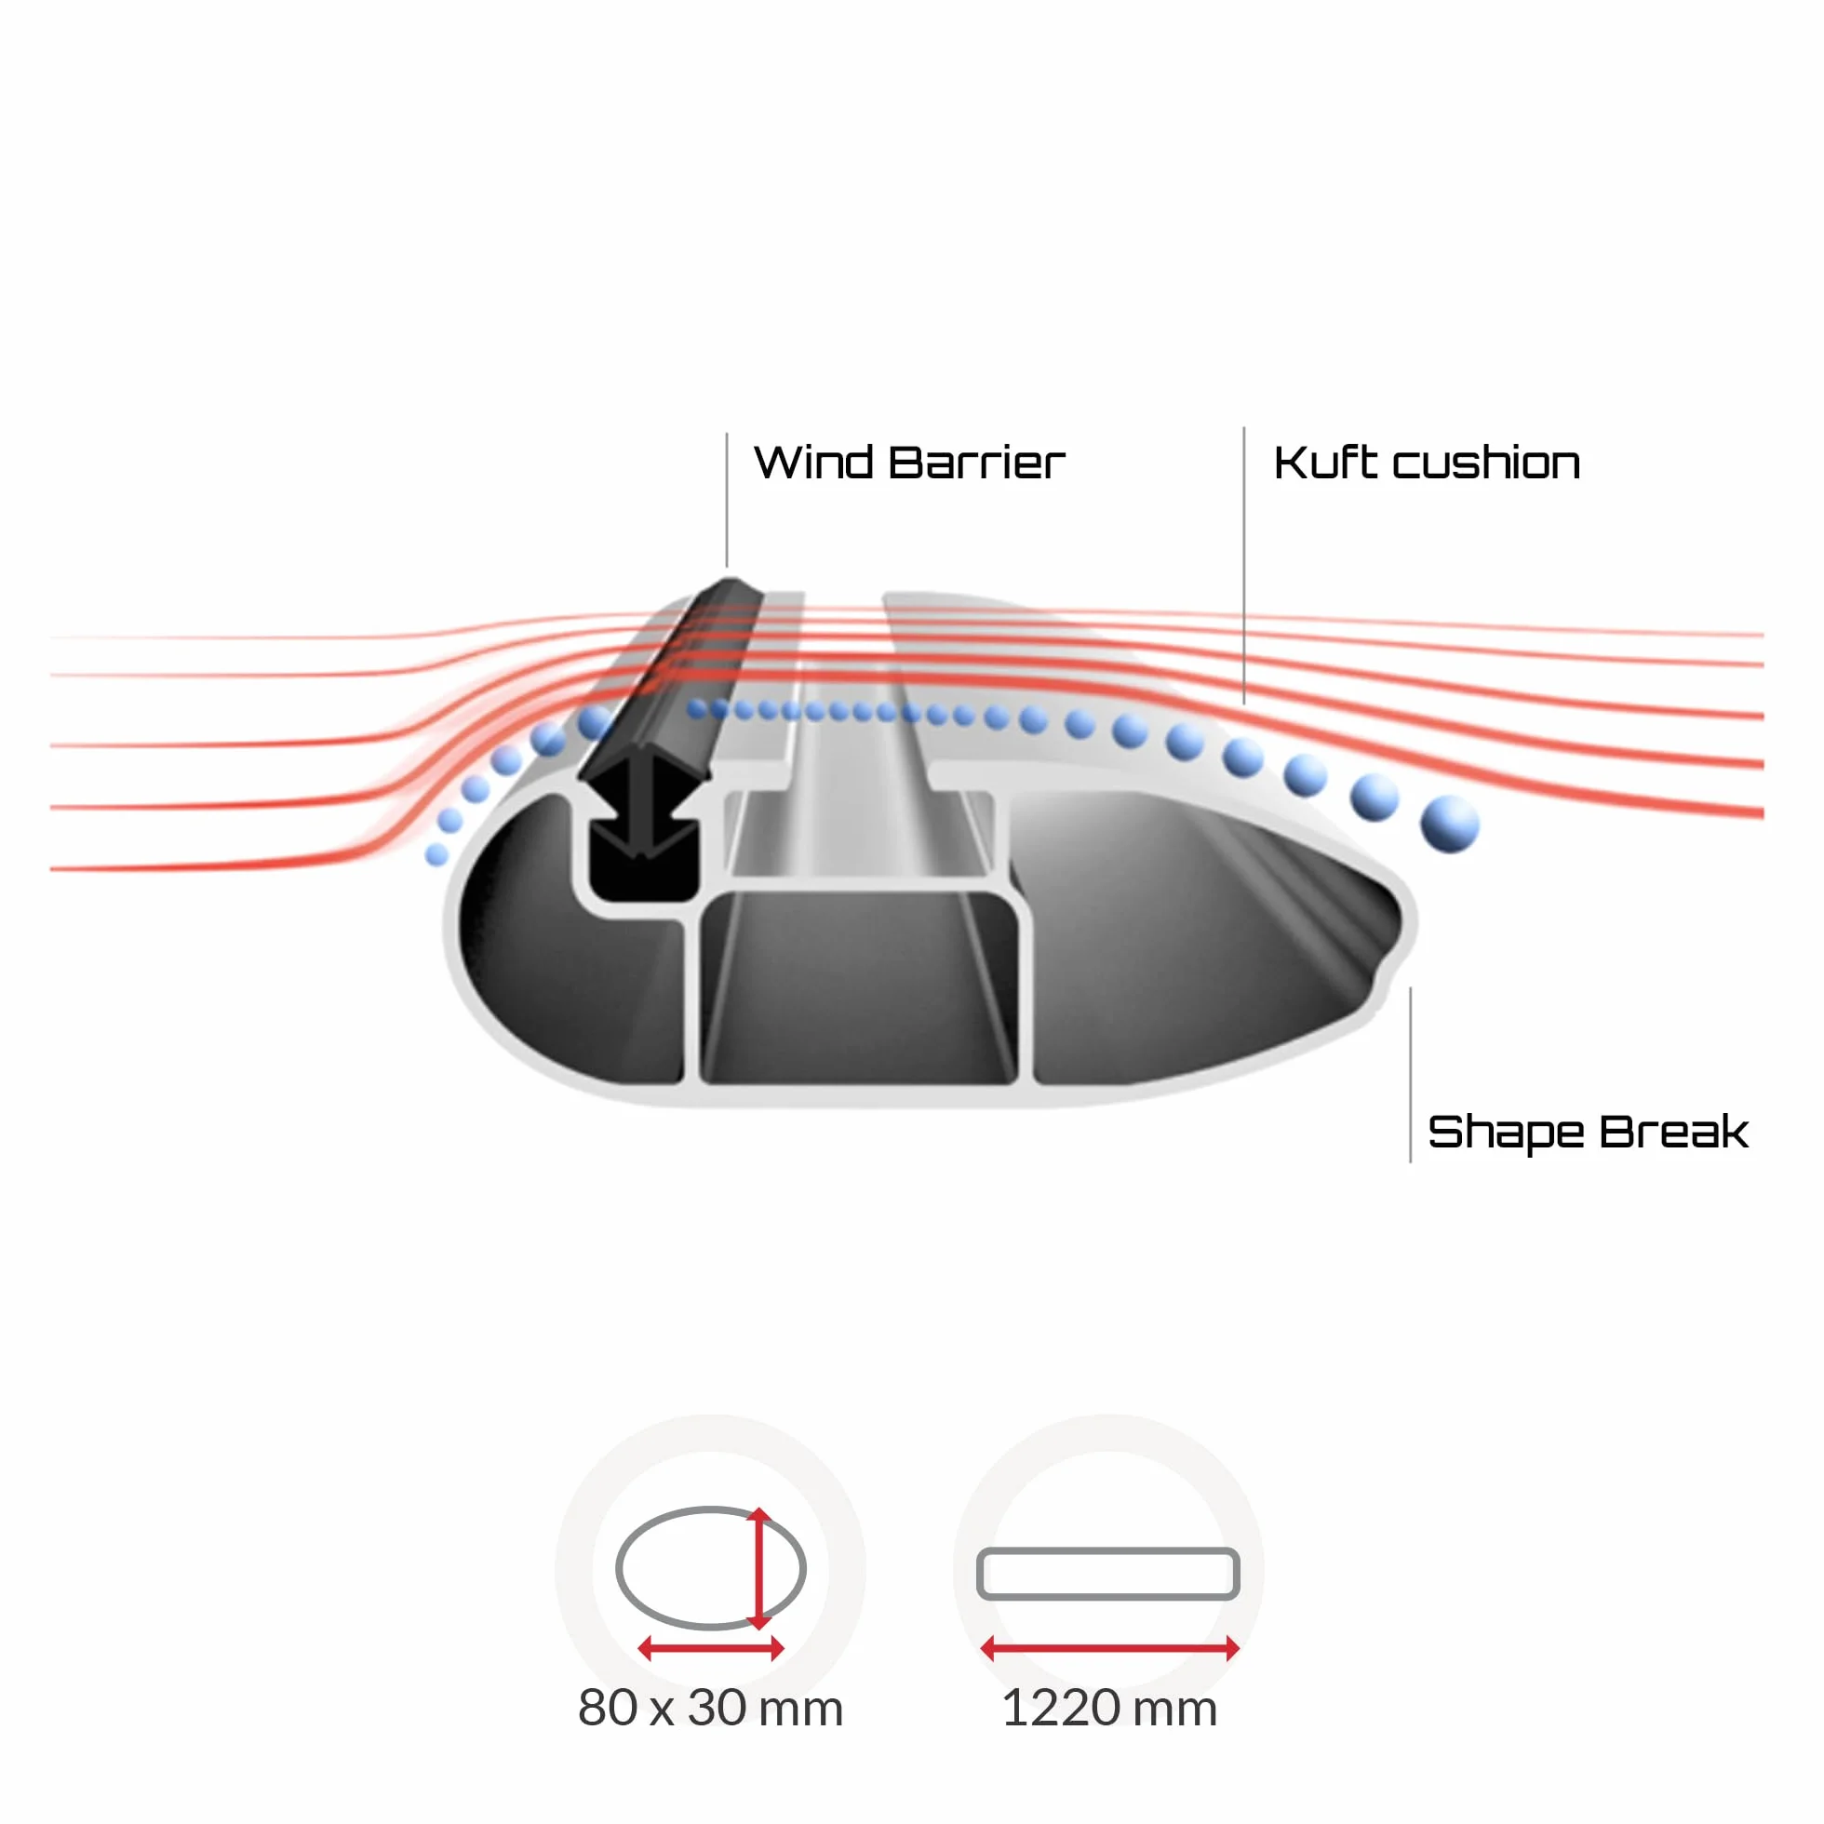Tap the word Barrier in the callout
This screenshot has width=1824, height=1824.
(976, 463)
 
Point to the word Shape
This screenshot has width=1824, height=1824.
(1505, 1133)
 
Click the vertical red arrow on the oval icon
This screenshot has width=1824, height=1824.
(759, 1568)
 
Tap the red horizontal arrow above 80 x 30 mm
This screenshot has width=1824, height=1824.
(711, 1648)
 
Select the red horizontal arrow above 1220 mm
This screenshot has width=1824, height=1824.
(1109, 1648)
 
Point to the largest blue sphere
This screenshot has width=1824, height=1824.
(1449, 824)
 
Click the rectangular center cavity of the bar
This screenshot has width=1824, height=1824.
(859, 986)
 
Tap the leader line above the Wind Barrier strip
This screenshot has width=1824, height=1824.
(727, 500)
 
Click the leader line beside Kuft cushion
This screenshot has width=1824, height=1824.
(1243, 565)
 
